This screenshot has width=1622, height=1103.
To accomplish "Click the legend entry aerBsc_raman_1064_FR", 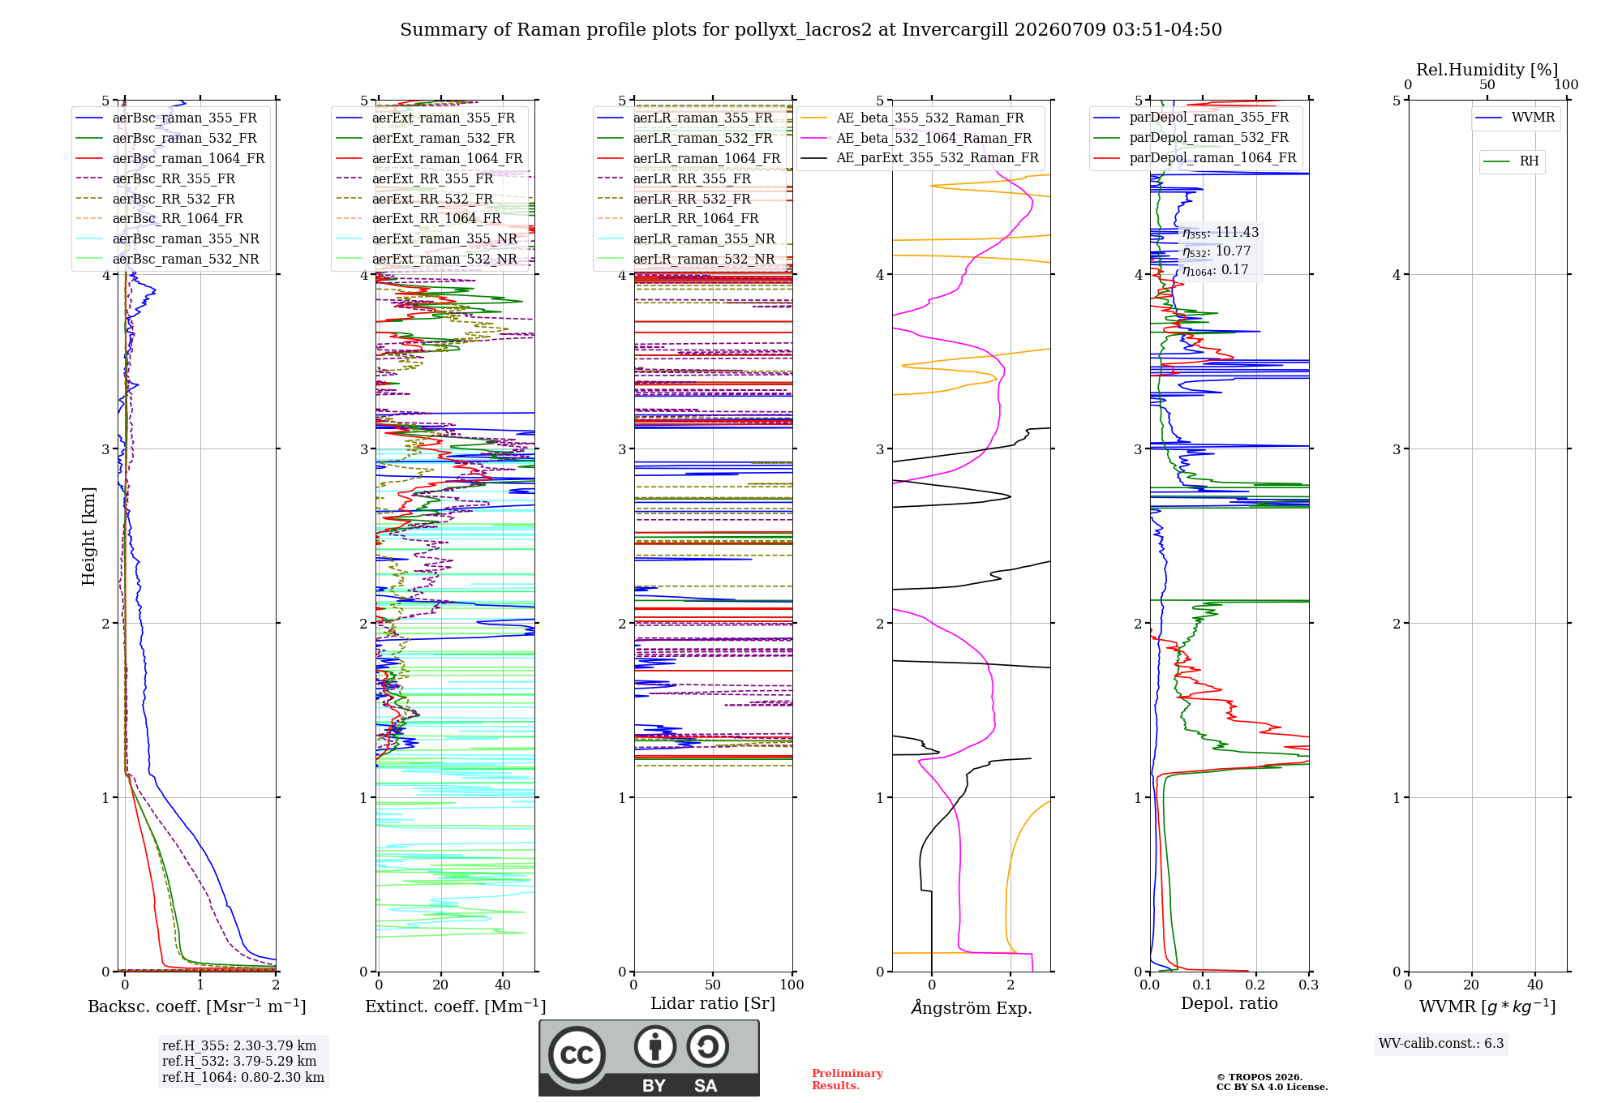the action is tap(170, 158).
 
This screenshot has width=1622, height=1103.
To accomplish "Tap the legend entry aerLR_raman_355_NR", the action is tap(686, 238).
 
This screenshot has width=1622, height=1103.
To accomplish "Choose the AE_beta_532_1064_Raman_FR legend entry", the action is tap(916, 138).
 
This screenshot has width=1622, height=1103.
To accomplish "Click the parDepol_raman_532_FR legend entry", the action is tap(1191, 138).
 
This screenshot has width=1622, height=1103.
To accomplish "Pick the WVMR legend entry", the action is tap(1516, 118).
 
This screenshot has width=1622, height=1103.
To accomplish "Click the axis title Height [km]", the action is tap(88, 536).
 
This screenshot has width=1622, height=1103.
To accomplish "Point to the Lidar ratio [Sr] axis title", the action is tap(713, 1003).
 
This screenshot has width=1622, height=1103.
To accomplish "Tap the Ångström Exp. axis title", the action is tap(972, 1007).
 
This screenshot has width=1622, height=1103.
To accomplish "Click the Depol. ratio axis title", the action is tap(1229, 1003).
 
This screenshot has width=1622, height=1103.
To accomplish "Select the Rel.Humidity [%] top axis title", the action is tap(1487, 70).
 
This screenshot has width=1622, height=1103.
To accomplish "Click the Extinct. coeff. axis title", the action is tap(456, 1006).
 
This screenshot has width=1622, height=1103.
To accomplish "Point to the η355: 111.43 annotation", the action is tap(1221, 233).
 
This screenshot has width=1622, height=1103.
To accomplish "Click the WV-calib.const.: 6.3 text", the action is tap(1441, 1043).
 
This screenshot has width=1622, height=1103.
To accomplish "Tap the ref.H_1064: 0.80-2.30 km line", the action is tap(243, 1077).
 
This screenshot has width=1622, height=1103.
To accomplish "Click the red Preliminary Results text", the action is tap(847, 1079).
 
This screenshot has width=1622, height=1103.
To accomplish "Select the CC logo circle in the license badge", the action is tap(577, 1054).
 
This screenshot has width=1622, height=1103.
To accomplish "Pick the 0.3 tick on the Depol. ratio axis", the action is tap(1309, 985).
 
